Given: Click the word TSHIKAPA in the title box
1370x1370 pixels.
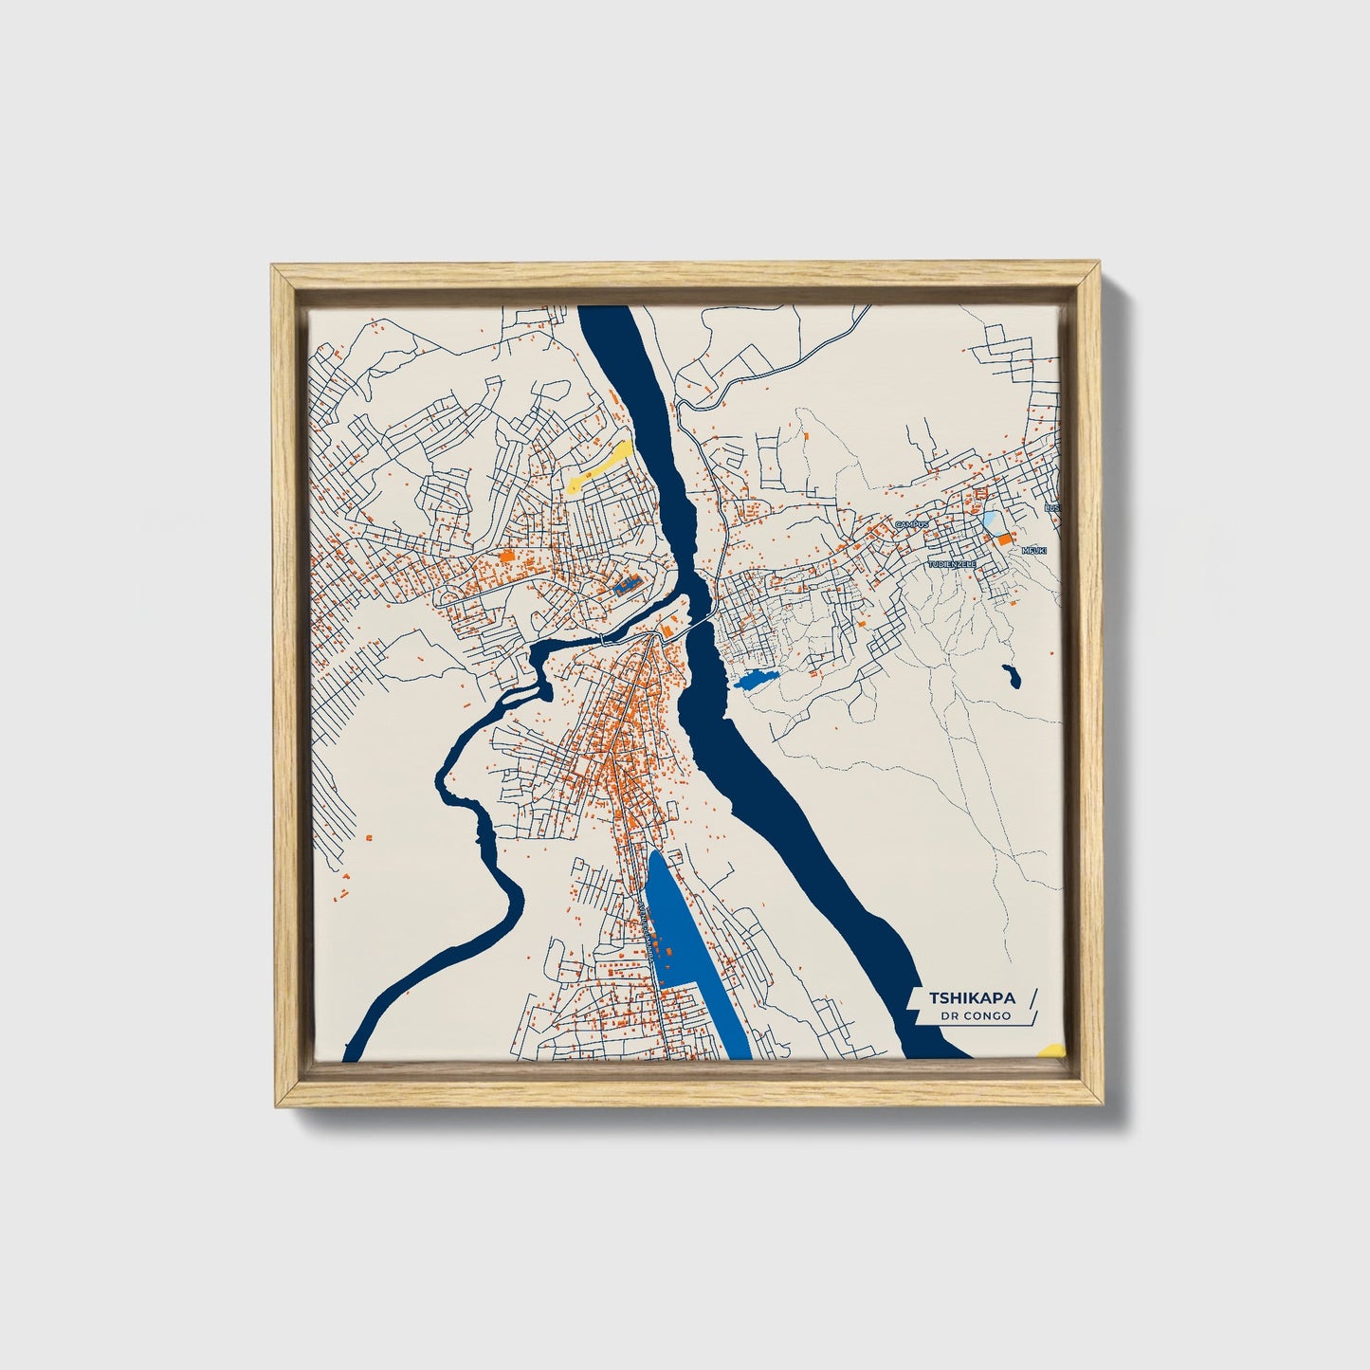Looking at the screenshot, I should [972, 998].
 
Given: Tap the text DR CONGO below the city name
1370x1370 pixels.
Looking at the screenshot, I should [976, 1016].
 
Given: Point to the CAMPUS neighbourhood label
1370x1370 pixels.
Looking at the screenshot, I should [915, 523].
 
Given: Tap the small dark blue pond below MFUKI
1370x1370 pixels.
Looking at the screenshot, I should [1011, 676].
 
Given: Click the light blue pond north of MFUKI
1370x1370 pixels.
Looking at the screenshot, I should [990, 520].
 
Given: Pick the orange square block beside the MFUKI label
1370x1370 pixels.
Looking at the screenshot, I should [1003, 539].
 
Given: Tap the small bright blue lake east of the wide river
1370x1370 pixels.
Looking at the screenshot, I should [755, 679].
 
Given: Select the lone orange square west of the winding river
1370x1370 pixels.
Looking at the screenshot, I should [365, 836].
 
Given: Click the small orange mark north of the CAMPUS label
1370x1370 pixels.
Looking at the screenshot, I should [805, 436].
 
